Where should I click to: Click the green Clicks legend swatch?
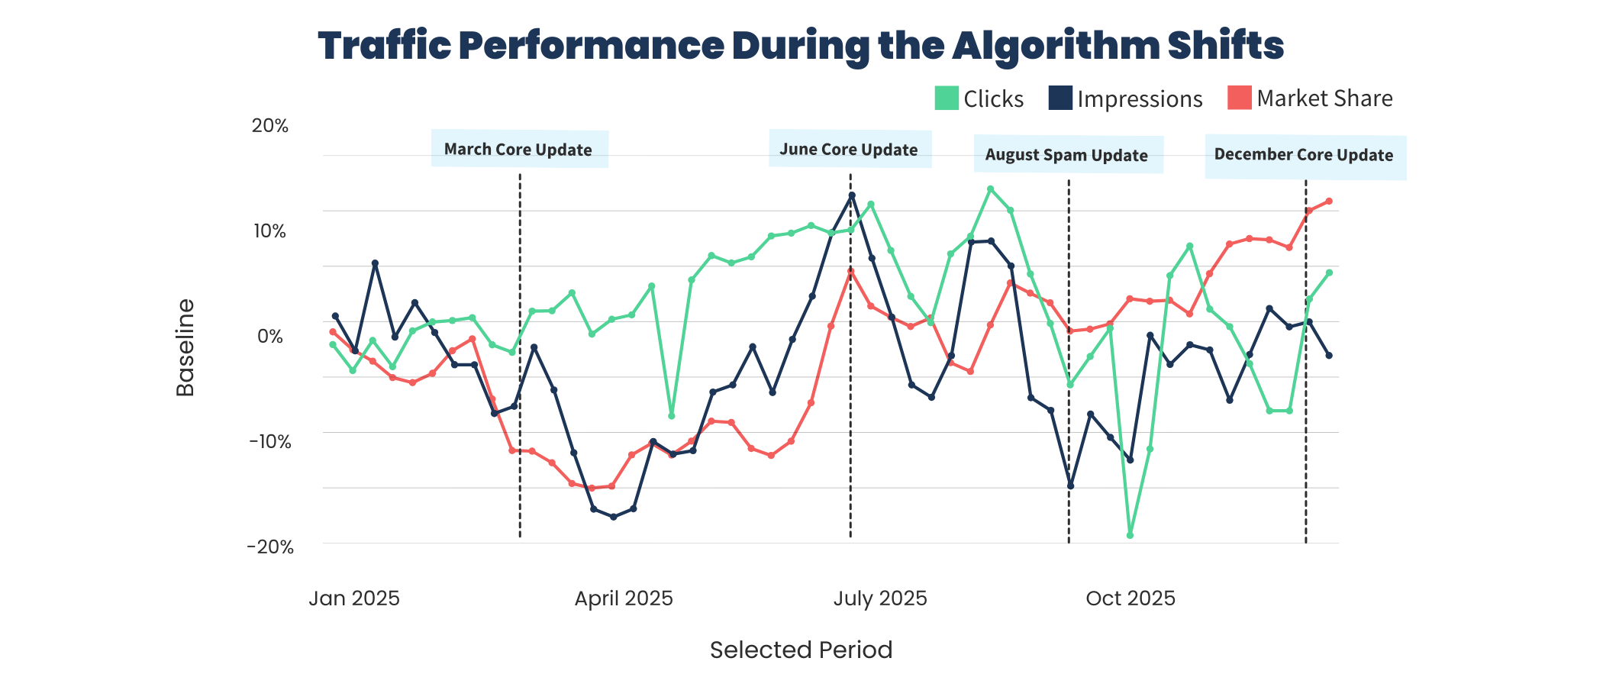pos(947,98)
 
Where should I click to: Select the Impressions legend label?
pos(1139,99)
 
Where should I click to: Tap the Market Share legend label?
pos(1324,98)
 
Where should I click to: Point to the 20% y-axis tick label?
pos(270,126)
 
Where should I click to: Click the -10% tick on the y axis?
pos(270,442)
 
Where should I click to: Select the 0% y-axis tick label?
pos(270,337)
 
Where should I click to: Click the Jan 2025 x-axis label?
pos(354,598)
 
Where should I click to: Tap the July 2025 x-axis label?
pos(879,598)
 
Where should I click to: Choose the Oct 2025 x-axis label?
pos(1130,598)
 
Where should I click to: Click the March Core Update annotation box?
pos(519,150)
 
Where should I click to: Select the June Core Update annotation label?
pos(849,150)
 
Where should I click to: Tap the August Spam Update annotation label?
pos(1066,155)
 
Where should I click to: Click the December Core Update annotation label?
pos(1304,155)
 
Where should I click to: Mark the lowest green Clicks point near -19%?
pos(1130,535)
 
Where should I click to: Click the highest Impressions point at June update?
pos(852,195)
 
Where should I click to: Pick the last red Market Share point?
pos(1329,202)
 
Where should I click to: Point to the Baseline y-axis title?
pos(185,348)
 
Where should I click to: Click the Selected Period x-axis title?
pos(801,650)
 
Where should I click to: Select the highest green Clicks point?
pos(990,189)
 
